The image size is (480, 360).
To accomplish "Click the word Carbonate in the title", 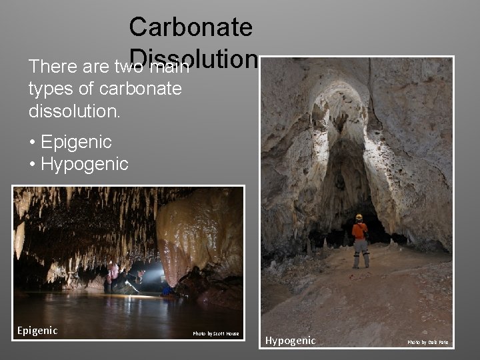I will pyautogui.click(x=191, y=27).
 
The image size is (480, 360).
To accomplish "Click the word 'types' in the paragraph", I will pyautogui.click(x=49, y=89).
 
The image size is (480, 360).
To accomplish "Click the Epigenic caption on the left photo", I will pyautogui.click(x=37, y=331).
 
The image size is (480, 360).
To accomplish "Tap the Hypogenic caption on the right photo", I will pyautogui.click(x=290, y=341).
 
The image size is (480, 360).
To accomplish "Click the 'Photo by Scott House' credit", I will pyautogui.click(x=215, y=333).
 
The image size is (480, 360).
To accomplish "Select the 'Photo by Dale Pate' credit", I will pyautogui.click(x=427, y=343).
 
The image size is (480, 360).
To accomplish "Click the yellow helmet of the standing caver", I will pyautogui.click(x=359, y=217).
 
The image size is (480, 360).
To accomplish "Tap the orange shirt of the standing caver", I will pyautogui.click(x=360, y=231).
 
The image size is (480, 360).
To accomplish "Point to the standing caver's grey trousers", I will pyautogui.click(x=361, y=251).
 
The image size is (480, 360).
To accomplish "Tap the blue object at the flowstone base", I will pyautogui.click(x=166, y=290).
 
